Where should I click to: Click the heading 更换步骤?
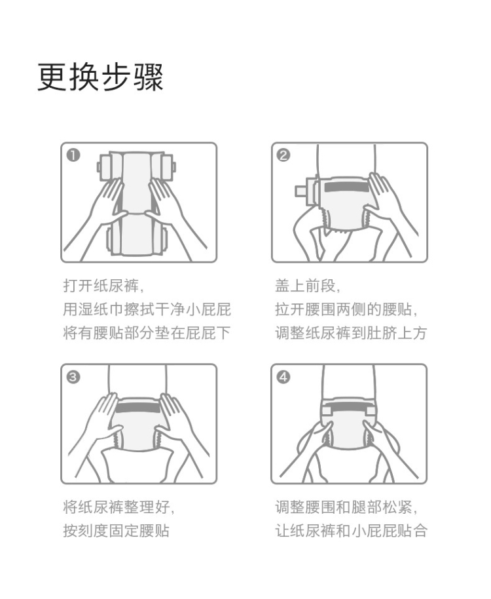click(100, 77)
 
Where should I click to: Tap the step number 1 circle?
click(73, 155)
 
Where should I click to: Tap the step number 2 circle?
click(283, 155)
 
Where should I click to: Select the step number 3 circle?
click(73, 377)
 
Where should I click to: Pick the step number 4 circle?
click(283, 377)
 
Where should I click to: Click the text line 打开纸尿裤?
click(103, 286)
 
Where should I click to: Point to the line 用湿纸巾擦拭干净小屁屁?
click(147, 309)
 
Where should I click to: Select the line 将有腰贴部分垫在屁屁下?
click(147, 333)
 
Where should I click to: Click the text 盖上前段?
click(307, 286)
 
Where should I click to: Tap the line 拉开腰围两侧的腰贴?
click(346, 309)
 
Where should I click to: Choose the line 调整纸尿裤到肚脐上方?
click(351, 333)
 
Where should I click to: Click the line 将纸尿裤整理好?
click(118, 507)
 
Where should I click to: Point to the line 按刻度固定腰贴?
click(117, 531)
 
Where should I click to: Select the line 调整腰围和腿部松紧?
click(346, 507)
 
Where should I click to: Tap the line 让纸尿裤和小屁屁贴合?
click(351, 531)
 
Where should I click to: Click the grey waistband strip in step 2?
click(346, 187)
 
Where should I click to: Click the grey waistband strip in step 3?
click(137, 407)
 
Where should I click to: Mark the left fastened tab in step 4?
click(326, 410)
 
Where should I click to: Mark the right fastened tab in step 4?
click(371, 410)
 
